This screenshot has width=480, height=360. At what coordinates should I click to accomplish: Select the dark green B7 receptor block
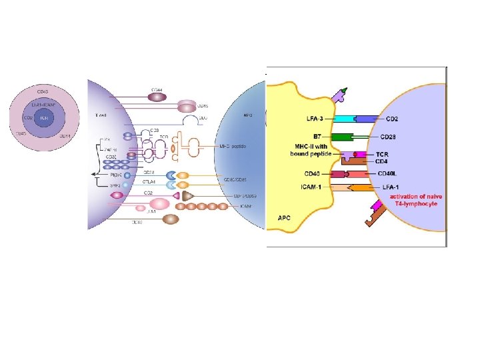341,137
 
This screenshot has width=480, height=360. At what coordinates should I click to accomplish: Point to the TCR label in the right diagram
383,153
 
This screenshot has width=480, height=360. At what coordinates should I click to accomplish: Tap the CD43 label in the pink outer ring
43,91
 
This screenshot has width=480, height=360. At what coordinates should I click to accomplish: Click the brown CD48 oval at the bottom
170,219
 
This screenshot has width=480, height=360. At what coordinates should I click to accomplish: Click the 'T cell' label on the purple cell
101,115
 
